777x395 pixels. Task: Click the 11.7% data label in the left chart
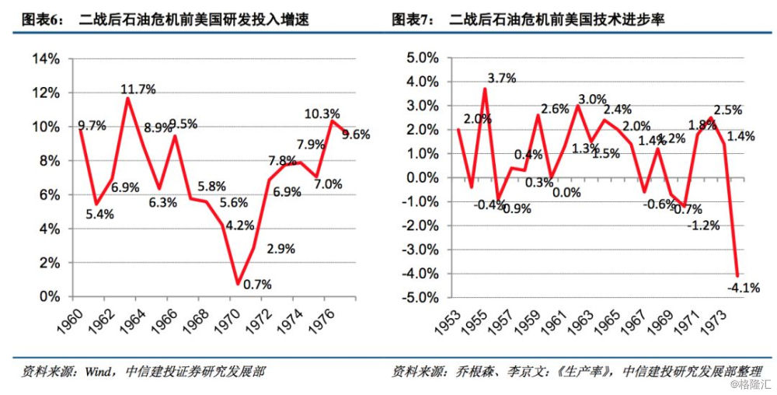[x=138, y=89]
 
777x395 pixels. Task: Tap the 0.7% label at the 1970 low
[x=256, y=285]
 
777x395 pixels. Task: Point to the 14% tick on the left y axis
[x=45, y=59]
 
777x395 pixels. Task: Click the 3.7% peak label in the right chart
[x=502, y=78]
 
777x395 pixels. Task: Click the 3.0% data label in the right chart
[x=593, y=99]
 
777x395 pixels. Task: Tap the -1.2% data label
[x=704, y=225]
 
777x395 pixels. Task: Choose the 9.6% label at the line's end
[x=356, y=135]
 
